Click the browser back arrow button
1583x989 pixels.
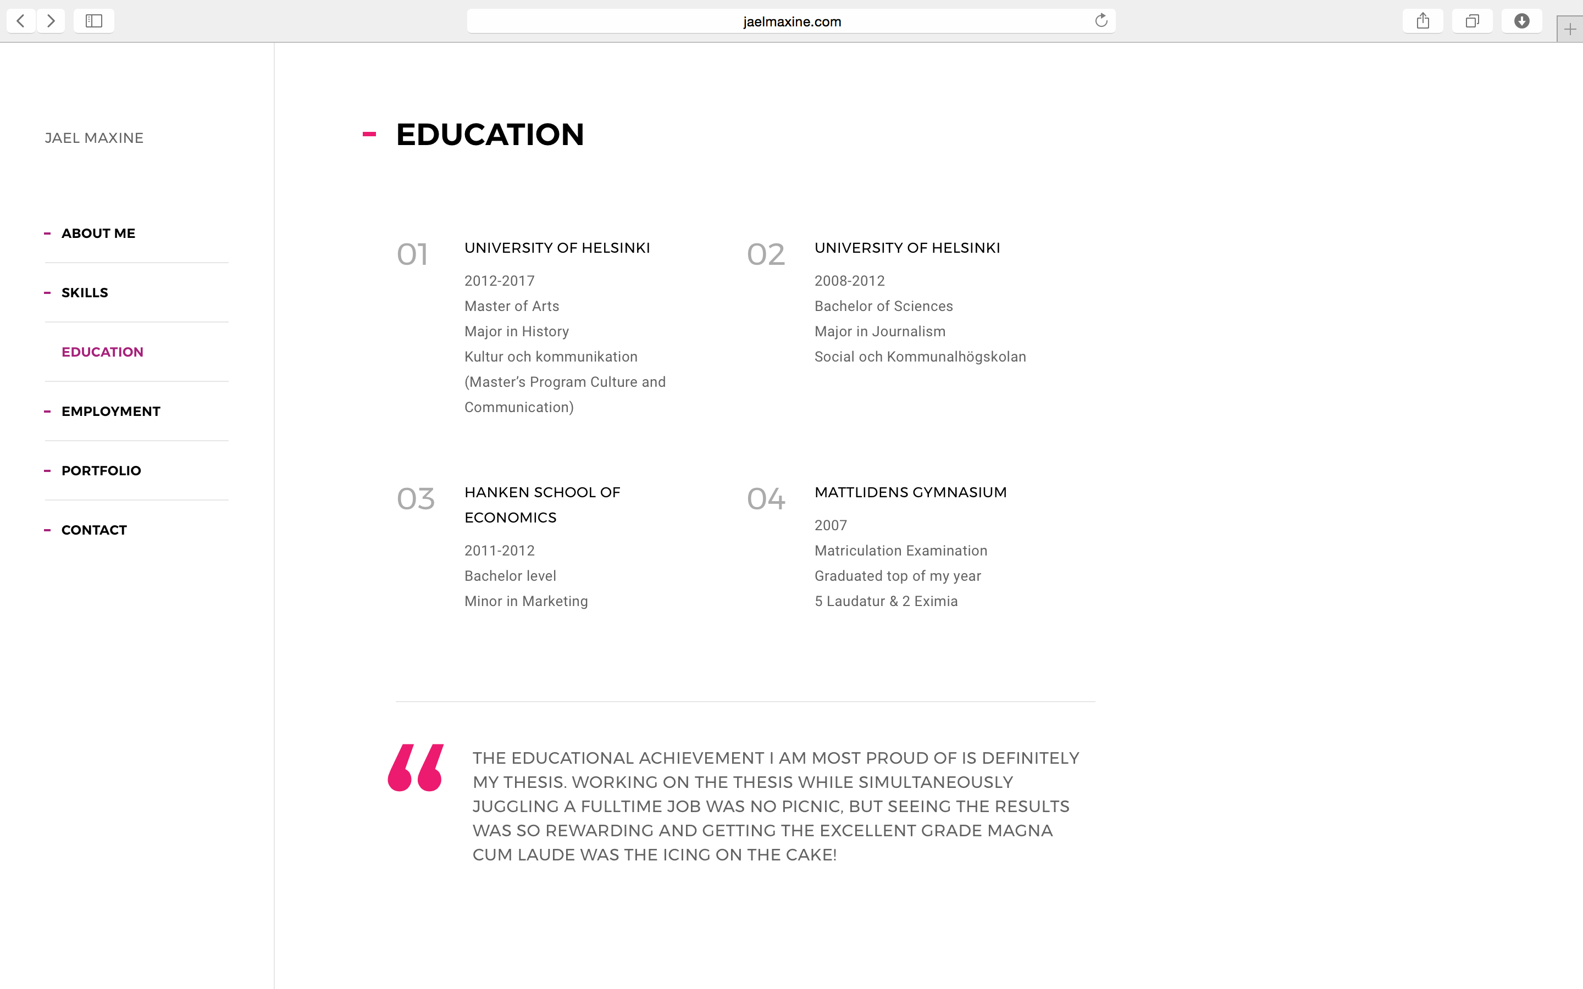(21, 21)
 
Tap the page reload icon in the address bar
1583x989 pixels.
(1101, 21)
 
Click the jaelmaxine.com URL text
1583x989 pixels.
(791, 21)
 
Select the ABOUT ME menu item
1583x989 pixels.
(98, 234)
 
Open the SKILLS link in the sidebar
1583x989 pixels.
(85, 293)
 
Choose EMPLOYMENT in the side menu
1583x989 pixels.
(110, 412)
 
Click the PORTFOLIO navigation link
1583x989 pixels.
(101, 471)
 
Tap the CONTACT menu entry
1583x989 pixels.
(93, 530)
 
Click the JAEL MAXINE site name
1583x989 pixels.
(94, 138)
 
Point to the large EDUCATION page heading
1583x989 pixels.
(489, 135)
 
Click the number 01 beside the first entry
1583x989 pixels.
(412, 254)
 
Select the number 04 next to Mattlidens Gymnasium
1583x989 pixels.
(765, 499)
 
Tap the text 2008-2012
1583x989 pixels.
(849, 281)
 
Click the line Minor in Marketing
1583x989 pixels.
(526, 602)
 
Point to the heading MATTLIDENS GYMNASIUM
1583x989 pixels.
(910, 492)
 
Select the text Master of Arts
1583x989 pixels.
(512, 307)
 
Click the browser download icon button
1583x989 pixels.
(1521, 21)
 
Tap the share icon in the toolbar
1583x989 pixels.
(1423, 21)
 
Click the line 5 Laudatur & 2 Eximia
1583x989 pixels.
(885, 602)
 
